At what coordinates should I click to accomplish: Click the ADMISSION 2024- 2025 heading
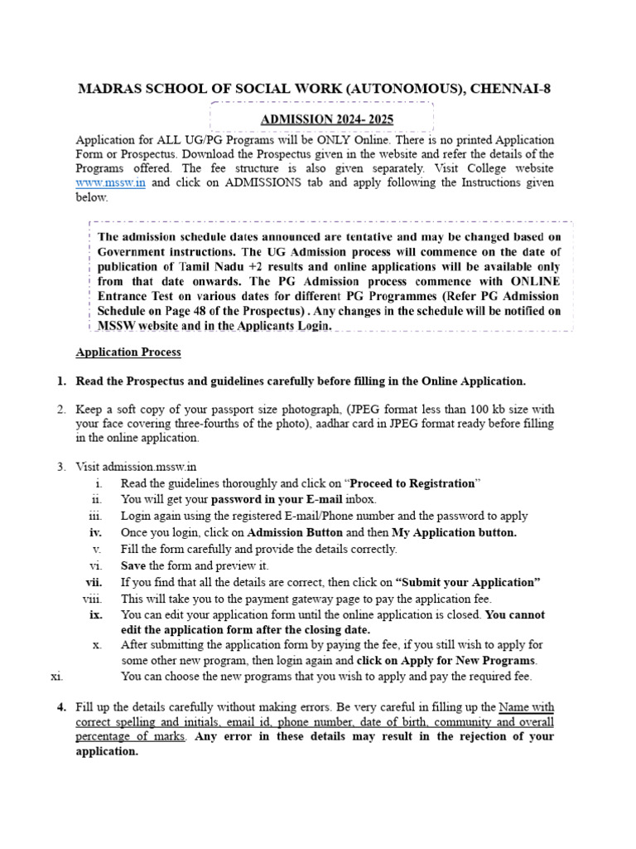(x=327, y=119)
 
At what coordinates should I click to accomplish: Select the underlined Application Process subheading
(x=128, y=352)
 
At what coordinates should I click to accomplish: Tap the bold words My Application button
(x=454, y=533)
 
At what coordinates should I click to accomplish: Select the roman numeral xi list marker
(x=57, y=677)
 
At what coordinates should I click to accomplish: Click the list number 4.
(x=61, y=707)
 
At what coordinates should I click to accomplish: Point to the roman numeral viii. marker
(x=92, y=599)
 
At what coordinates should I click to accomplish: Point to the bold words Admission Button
(x=295, y=533)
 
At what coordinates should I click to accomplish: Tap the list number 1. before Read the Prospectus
(x=61, y=381)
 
